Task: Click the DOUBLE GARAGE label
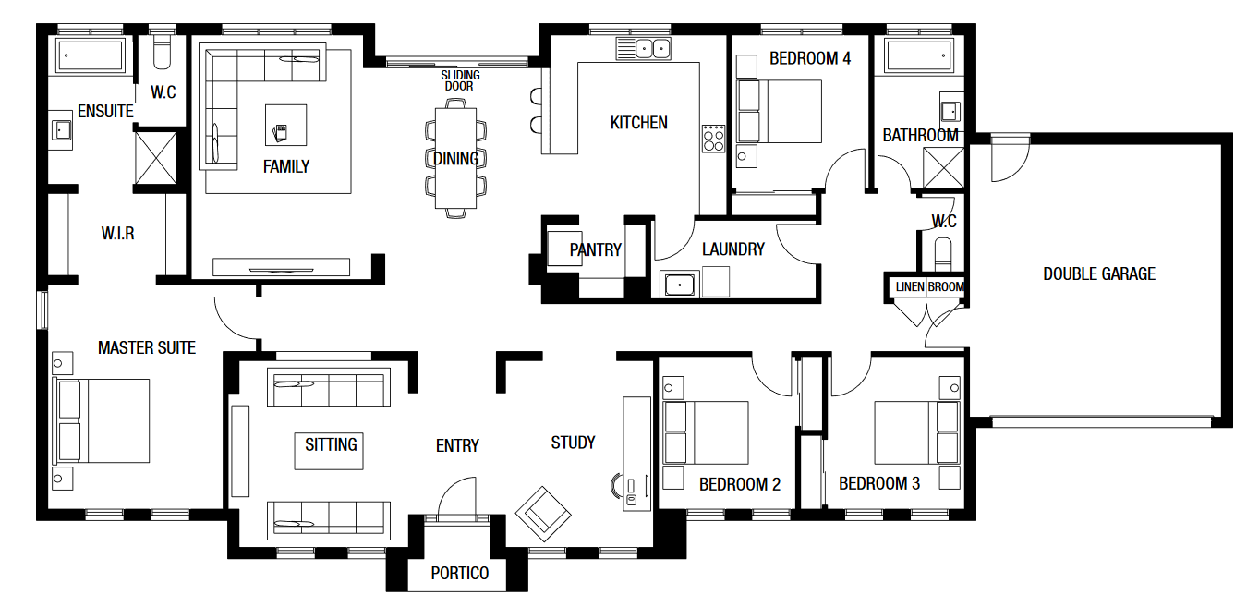[x=1099, y=273]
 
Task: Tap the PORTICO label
[x=460, y=573]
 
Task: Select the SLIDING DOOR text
[x=460, y=80]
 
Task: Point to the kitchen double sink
[x=652, y=49]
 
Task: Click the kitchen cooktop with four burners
[x=714, y=139]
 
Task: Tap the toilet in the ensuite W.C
[x=162, y=53]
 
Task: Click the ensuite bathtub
[x=90, y=55]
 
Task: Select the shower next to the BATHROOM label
[x=944, y=167]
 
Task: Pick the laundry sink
[x=680, y=285]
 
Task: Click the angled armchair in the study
[x=543, y=515]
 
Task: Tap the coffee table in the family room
[x=286, y=125]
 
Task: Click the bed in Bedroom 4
[x=779, y=111]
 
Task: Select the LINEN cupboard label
[x=910, y=286]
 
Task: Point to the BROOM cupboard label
[x=946, y=286]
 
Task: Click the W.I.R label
[x=118, y=233]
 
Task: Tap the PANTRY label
[x=595, y=249]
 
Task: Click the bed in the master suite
[x=102, y=421]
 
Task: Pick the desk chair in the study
[x=617, y=485]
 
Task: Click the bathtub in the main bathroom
[x=919, y=55]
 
